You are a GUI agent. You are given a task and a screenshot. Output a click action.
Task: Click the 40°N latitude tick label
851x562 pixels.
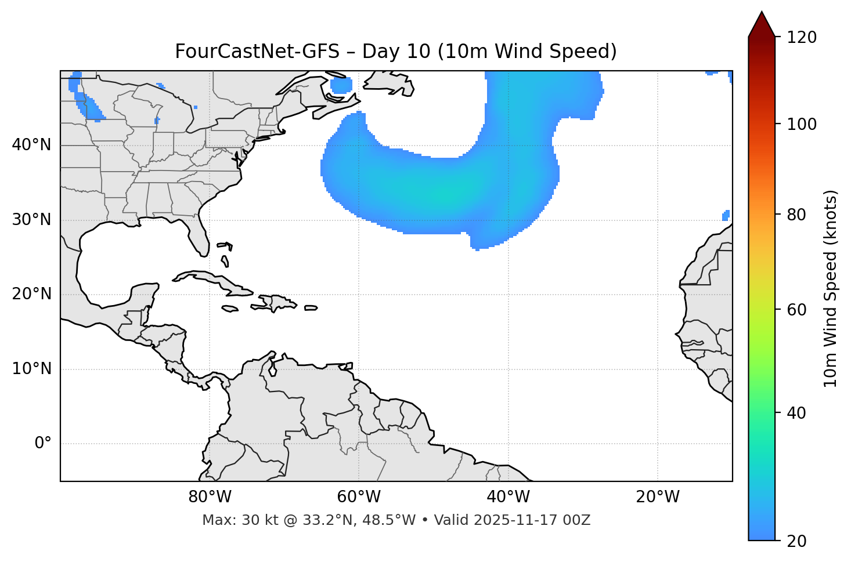point(31,145)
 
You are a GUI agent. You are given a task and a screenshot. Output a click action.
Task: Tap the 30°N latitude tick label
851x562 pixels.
point(31,220)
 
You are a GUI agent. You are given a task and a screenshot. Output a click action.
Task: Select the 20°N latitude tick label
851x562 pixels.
point(31,294)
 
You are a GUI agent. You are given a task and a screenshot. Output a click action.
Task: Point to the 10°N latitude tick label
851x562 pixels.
point(31,369)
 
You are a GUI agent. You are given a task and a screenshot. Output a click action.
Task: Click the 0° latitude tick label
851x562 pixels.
point(42,444)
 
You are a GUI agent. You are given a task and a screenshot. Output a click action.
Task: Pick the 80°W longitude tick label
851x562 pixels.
point(210,497)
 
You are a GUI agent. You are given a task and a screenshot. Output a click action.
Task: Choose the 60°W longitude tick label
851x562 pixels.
point(359,497)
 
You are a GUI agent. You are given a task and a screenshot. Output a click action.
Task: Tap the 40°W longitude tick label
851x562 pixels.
point(508,497)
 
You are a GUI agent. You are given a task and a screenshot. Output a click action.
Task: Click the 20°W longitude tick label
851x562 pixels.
point(658,497)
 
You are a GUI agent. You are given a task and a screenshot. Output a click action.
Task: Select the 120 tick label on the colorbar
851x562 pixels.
point(802,38)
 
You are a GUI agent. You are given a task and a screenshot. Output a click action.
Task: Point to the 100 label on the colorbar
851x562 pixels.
point(802,124)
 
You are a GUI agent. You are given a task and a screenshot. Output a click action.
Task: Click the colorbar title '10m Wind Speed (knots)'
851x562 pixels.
point(831,289)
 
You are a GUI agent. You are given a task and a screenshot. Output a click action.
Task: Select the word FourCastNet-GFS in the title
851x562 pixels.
point(257,52)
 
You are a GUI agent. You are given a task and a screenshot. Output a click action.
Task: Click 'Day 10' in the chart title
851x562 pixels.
point(396,52)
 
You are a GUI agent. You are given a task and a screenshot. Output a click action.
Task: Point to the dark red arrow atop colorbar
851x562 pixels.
point(762,25)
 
